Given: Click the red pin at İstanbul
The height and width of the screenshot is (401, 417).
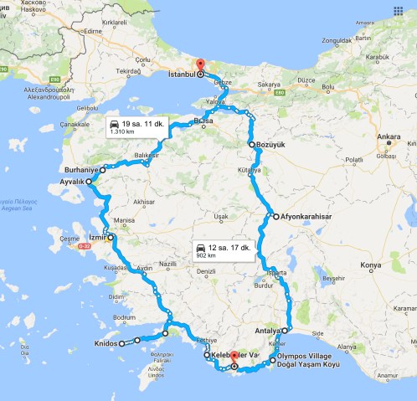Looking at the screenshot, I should [199, 64].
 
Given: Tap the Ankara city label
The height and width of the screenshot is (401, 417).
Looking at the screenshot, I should [388, 136].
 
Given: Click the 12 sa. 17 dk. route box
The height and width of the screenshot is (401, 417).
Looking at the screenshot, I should [223, 250].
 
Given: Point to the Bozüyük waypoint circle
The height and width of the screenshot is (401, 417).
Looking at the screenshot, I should [251, 144].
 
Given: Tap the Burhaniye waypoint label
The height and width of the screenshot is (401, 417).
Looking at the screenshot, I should [80, 169].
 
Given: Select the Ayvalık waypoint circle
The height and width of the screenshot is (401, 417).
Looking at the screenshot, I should [89, 181].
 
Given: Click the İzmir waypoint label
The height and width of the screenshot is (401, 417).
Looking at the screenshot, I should [97, 238].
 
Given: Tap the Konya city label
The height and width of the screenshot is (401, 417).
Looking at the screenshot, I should [370, 266].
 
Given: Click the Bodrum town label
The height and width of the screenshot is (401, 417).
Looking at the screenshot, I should [124, 318].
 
